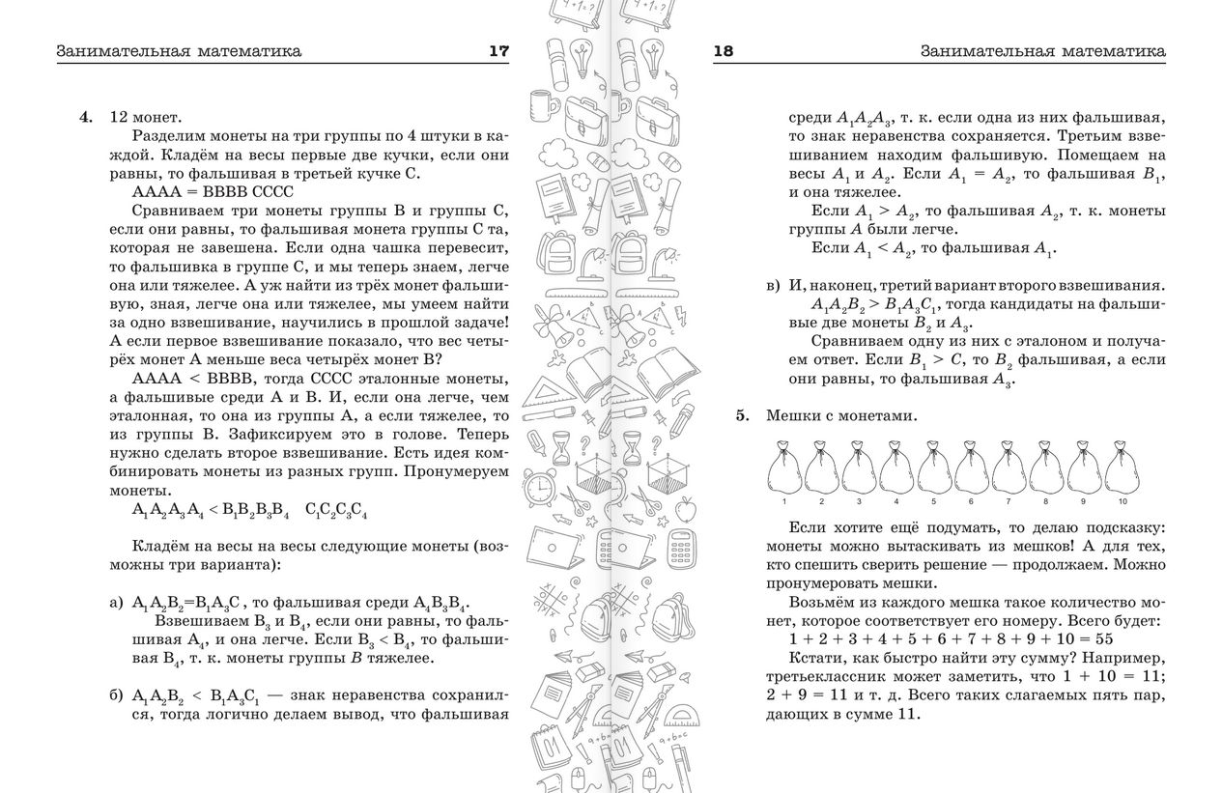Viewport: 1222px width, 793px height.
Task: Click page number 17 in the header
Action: click(497, 51)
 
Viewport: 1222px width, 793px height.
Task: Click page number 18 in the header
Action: click(724, 51)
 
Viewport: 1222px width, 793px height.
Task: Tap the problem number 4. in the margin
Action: click(86, 117)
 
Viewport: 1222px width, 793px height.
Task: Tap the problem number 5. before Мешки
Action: click(742, 415)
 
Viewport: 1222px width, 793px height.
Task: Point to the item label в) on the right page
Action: click(773, 286)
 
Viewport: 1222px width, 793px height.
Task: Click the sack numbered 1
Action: click(783, 469)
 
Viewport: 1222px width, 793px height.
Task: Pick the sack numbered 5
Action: click(934, 469)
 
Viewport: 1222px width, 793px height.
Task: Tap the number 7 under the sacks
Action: click(1009, 502)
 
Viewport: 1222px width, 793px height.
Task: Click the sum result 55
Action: click(1104, 638)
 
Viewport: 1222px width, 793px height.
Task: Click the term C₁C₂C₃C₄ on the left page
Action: click(335, 509)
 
